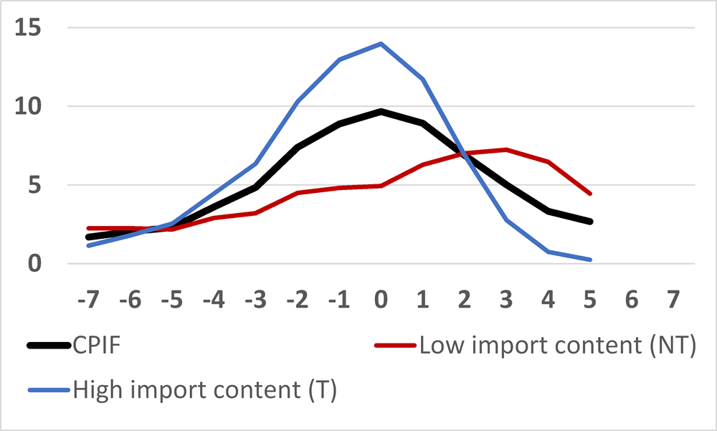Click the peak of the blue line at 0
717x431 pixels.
(381, 43)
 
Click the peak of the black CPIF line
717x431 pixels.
(381, 111)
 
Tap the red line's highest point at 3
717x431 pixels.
(507, 149)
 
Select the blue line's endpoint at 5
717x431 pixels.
(590, 260)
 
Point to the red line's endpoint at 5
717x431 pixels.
(590, 194)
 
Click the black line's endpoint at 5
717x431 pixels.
(590, 222)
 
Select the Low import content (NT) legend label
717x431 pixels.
(557, 346)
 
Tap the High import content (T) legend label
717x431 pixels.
(204, 390)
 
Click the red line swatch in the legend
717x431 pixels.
(395, 346)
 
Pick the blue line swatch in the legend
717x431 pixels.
(49, 390)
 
